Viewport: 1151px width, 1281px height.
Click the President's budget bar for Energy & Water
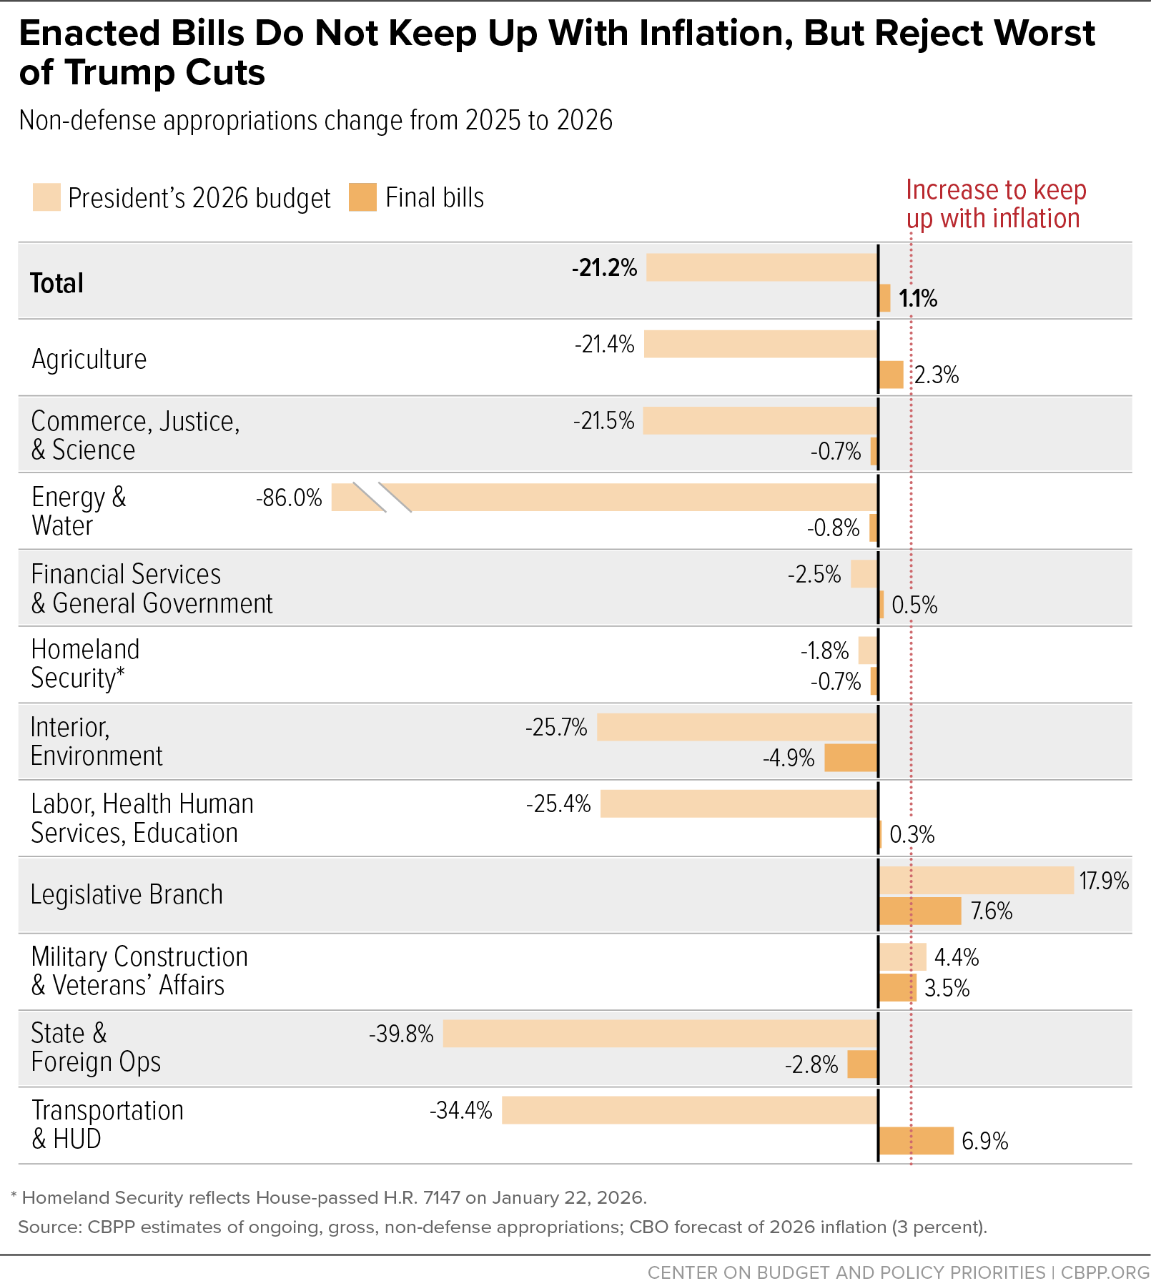[605, 498]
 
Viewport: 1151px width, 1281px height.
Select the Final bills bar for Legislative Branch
[920, 911]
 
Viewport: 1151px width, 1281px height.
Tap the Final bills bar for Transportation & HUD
[917, 1141]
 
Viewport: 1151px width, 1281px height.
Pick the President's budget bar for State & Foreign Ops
[661, 1034]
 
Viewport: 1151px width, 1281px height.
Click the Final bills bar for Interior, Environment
[851, 758]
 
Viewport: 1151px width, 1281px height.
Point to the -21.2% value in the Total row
[605, 268]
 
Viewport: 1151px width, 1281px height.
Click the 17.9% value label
[1105, 881]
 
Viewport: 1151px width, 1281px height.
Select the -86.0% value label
[289, 498]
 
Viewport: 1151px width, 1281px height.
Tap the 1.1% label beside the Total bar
[918, 298]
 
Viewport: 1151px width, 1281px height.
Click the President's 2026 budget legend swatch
[46, 197]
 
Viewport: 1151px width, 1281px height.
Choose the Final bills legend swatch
[362, 197]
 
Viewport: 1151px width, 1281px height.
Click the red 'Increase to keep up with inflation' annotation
[996, 204]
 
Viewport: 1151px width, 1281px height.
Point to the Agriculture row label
[89, 359]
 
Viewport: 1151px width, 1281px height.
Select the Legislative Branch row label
[127, 895]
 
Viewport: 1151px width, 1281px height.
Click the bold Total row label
[56, 283]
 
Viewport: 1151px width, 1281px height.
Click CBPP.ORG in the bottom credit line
[1105, 1272]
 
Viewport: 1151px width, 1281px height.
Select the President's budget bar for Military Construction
[903, 957]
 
